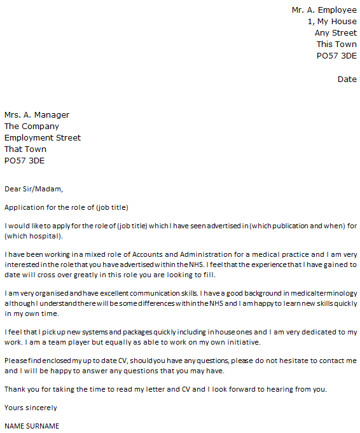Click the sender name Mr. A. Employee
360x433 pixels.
pos(324,10)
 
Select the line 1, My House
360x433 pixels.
pos(332,22)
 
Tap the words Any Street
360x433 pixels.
pos(335,33)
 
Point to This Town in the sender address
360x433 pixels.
pos(336,45)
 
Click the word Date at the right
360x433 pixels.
pos(347,79)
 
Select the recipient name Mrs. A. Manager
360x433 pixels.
pos(37,115)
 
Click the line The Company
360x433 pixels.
pos(32,127)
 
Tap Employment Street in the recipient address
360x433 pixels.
pos(43,138)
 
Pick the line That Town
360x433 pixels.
pos(25,149)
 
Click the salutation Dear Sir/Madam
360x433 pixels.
pos(34,189)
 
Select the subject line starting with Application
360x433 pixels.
pos(67,207)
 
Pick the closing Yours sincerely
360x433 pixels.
pos(31,408)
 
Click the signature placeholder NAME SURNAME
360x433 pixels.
pos(32,426)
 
